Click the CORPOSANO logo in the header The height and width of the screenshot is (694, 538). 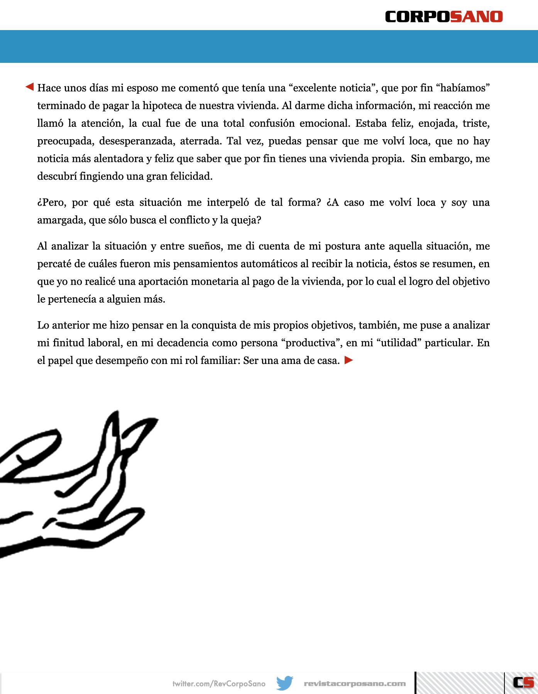click(444, 17)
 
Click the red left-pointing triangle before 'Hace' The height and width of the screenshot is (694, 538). click(30, 87)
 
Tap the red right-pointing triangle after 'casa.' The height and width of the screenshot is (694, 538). click(349, 360)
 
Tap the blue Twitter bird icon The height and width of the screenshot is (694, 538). click(285, 683)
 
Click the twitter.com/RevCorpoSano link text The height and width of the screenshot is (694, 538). click(219, 684)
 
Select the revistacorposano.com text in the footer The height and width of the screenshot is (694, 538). click(355, 684)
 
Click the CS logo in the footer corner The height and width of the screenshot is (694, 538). click(523, 682)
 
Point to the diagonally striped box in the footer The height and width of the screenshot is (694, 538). click(460, 683)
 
